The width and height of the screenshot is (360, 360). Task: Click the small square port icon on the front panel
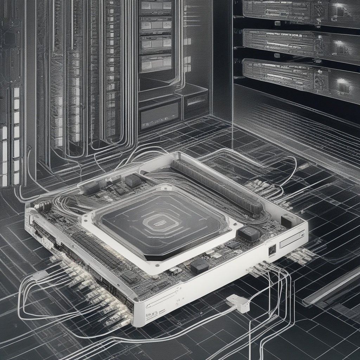(x=272, y=250)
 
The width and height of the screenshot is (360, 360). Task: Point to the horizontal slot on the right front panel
(x=292, y=240)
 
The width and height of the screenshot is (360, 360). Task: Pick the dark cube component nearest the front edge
(x=199, y=266)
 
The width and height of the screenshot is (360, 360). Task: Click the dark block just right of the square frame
(x=249, y=233)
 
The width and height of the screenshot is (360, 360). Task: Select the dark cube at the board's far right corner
(x=289, y=220)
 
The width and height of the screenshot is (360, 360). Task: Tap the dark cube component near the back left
(x=133, y=181)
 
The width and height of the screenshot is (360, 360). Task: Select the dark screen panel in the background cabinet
(x=159, y=115)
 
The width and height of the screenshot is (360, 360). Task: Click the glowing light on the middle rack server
(x=339, y=43)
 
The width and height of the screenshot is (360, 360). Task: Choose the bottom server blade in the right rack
(x=292, y=76)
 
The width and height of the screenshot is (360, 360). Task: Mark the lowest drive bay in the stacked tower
(x=155, y=63)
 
